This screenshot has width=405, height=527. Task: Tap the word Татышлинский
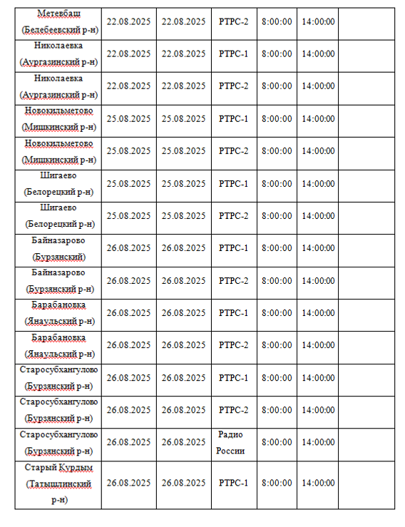coord(59,483)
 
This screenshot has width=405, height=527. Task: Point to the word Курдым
coord(78,468)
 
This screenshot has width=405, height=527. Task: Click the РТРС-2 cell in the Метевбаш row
coord(234,21)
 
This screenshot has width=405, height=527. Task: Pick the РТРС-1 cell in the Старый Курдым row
coord(234,483)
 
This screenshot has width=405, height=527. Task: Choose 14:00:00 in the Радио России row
coord(318,442)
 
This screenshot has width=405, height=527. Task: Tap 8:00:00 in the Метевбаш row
coord(277,21)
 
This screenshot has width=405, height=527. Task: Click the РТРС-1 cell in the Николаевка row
coord(234,53)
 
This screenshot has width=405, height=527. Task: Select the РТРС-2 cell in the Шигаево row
coord(234,215)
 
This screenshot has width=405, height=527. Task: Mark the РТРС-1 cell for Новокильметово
coord(234,118)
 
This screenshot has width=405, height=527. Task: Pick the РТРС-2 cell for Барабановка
coord(234,345)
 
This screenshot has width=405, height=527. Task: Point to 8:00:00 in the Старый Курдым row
coord(277,483)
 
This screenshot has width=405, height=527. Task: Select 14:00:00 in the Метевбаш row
coord(318,21)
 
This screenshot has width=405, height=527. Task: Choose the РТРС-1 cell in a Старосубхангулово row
coord(234,377)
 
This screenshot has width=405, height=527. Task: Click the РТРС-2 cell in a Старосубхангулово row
coord(234,410)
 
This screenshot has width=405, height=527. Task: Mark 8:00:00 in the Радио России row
coord(277,442)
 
